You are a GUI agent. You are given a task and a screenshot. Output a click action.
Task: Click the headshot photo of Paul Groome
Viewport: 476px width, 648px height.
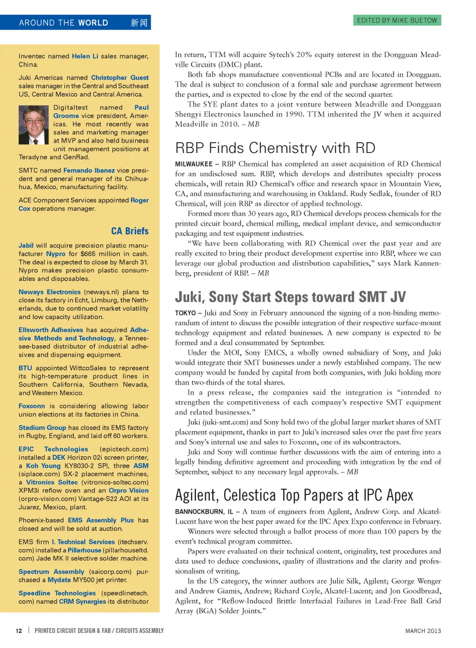coord(34,125)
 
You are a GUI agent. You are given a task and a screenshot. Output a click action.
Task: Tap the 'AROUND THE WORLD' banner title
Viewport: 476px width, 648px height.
coord(63,23)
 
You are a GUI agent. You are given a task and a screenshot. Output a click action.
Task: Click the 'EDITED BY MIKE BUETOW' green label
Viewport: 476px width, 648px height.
coord(397,20)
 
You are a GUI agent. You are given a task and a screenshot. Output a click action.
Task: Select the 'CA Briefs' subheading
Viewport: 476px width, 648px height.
coord(129,231)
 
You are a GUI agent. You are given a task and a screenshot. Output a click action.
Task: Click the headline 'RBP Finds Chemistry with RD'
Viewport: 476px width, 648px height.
coord(275,148)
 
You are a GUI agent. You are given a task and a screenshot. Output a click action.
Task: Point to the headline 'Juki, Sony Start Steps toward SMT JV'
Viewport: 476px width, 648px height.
coord(290,297)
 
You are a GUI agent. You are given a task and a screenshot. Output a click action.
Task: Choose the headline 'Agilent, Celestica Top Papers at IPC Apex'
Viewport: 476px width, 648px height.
coord(294,495)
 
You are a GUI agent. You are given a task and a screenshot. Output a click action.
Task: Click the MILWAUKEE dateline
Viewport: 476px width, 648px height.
coord(193,164)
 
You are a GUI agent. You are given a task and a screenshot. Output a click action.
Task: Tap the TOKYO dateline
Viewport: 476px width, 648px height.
coord(185,313)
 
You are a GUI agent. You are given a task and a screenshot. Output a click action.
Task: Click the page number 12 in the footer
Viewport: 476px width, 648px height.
coord(19,631)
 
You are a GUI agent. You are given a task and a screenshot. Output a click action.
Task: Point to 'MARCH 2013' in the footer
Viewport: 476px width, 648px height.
coord(422,631)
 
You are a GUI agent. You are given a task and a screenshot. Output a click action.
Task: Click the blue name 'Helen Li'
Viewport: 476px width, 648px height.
coord(85,56)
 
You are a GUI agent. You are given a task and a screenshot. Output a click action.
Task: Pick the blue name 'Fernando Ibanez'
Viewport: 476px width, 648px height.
coord(89,170)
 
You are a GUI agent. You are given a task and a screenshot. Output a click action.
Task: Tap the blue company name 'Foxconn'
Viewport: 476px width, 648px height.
coord(32,406)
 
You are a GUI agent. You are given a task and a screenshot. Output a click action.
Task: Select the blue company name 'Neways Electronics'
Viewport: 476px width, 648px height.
coord(50,292)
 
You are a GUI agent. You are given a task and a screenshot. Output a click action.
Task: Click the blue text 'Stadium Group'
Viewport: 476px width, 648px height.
coord(42,428)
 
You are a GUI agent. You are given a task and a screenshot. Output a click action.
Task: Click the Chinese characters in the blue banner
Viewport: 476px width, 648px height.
coord(139,23)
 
